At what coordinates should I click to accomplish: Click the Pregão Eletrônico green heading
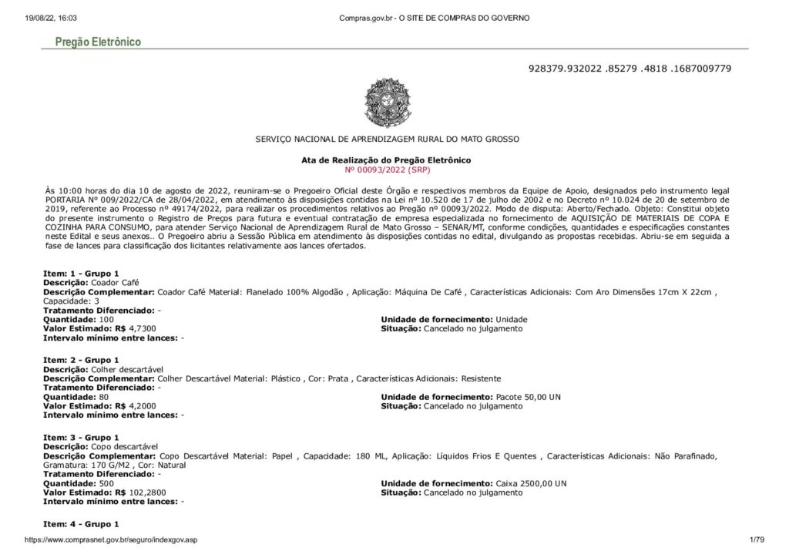98,42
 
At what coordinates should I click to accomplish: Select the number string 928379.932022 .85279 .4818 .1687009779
630,69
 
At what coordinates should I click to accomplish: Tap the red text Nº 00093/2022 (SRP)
386,168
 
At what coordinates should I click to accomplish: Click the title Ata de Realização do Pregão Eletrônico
386,160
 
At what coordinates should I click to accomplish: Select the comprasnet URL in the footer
111,540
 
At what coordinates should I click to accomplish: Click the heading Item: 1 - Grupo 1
81,274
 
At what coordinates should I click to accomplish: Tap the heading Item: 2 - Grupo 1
81,360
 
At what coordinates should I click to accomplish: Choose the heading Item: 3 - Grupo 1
81,438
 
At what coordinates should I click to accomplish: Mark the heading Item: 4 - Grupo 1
81,524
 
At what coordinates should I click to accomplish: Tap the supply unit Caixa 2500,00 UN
528,483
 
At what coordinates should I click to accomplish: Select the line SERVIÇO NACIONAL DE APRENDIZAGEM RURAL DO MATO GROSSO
388,139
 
